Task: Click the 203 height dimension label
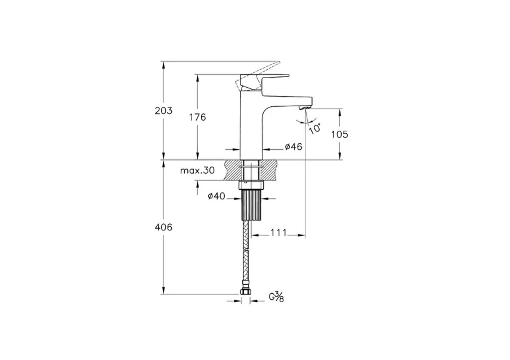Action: point(163,111)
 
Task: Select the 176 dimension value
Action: point(197,118)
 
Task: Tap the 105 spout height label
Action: point(339,134)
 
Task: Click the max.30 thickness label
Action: point(197,171)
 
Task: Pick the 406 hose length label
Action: point(163,227)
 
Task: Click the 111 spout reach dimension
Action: point(279,232)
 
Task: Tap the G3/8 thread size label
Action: point(276,296)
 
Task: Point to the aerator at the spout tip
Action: point(302,106)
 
